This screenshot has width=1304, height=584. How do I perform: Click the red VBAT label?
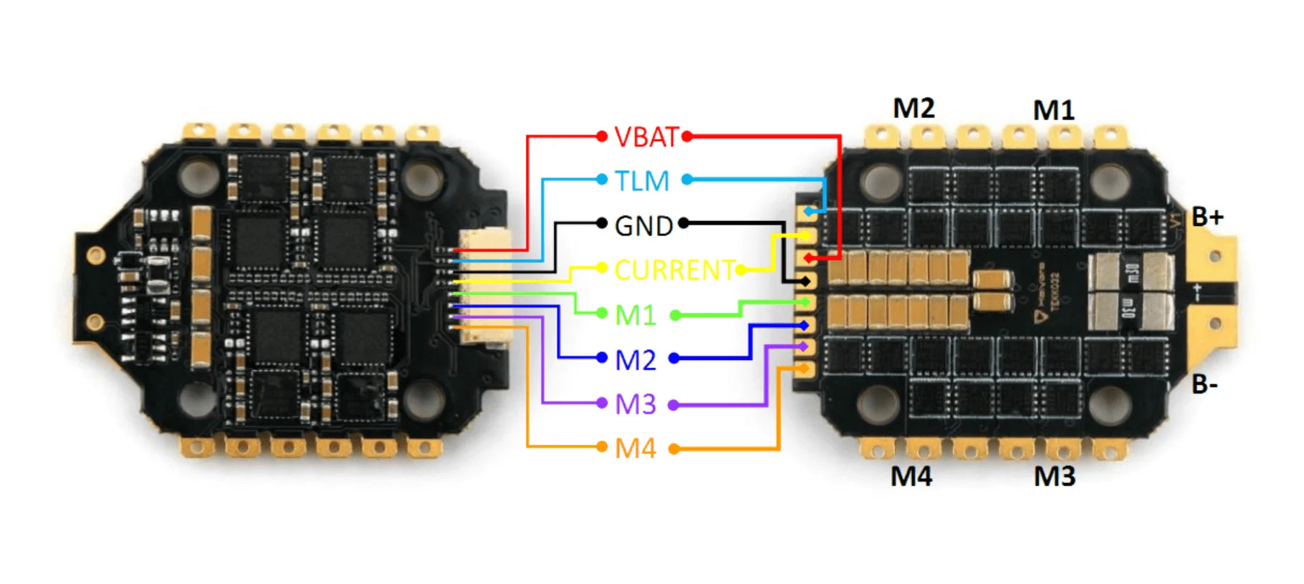coord(646,137)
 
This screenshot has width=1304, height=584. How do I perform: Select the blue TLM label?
coord(642,181)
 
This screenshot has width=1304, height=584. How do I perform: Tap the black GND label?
coord(643,226)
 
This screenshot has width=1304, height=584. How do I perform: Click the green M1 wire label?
coord(636,316)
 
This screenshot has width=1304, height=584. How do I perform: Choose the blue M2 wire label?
coord(636,360)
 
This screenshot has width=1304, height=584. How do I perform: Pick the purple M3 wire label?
coord(636,405)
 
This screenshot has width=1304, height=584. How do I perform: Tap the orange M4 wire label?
coord(636,449)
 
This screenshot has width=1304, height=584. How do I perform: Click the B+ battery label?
coord(1208,217)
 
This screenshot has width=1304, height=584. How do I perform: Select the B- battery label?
coord(1204,385)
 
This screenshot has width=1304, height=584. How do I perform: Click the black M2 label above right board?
coord(914,109)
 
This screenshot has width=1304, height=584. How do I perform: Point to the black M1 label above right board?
coord(1054,111)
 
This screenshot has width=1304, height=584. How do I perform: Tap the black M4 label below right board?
coord(911,477)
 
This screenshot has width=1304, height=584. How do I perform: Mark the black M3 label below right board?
coord(1055,477)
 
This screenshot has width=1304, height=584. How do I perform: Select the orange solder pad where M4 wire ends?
coord(805,369)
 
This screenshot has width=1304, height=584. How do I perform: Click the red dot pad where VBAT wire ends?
coord(807,258)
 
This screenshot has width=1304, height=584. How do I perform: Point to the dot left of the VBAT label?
coord(601,136)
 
